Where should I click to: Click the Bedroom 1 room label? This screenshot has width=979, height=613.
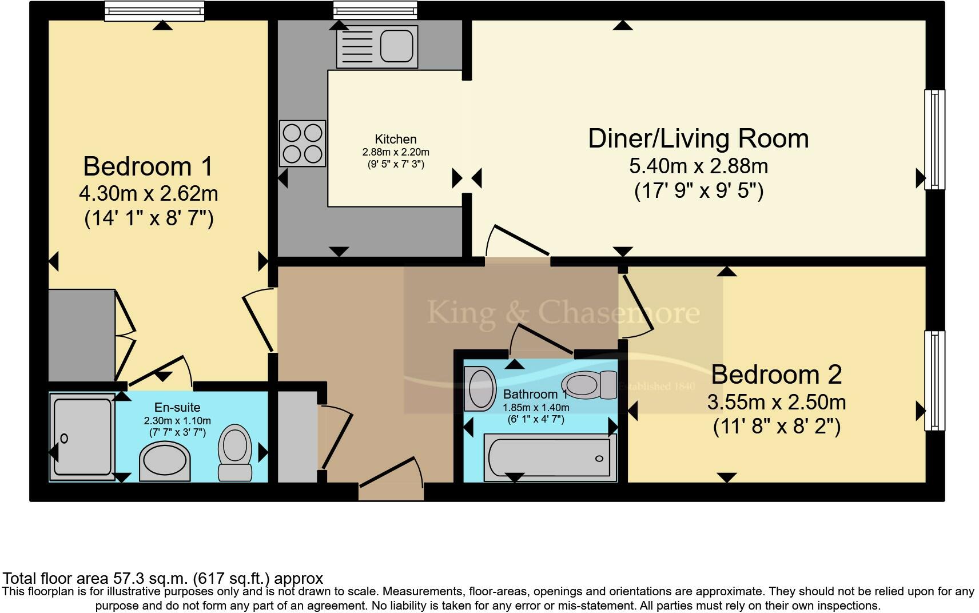pos(148,166)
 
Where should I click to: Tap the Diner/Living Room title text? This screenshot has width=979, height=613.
pos(698,138)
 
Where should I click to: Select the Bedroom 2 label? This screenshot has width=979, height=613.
pos(776,375)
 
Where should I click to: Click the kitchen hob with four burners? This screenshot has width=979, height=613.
pos(303,144)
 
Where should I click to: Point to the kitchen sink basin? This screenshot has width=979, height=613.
pos(396,46)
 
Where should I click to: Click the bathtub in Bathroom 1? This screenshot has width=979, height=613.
pos(550,457)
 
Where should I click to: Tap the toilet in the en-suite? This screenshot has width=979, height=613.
pos(234,453)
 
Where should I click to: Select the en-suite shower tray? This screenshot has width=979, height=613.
pos(82,437)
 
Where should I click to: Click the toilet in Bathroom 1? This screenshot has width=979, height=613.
pos(589,385)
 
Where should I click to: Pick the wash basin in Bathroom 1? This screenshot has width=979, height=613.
pos(479,389)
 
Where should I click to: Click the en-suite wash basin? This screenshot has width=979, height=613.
pos(165,461)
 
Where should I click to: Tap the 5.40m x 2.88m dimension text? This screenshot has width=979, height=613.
pos(698,166)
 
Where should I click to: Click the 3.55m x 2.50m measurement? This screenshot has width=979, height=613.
pos(777,402)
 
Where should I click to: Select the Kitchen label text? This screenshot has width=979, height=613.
pos(396,140)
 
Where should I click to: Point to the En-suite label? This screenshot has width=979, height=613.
pos(177,407)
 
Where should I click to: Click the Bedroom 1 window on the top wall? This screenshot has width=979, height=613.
pos(154,11)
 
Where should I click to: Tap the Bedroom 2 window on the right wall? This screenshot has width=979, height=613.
pos(934,381)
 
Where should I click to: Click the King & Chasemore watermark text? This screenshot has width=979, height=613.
pos(563,313)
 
